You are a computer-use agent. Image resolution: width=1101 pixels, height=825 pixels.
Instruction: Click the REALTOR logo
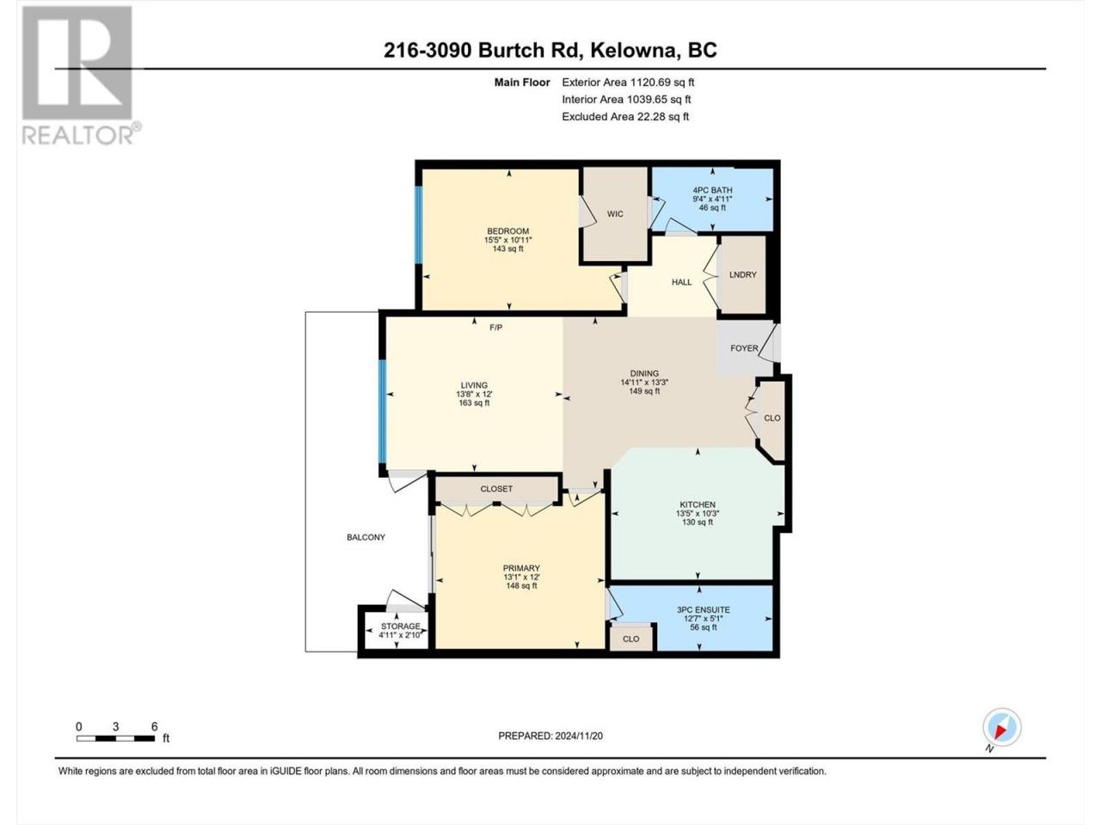pos(80,75)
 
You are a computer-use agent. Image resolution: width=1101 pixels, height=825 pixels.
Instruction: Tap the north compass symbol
pos(1002,727)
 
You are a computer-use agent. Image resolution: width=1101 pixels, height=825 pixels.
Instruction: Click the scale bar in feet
pos(116,738)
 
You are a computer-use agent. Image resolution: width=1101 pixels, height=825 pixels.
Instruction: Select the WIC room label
pos(615,214)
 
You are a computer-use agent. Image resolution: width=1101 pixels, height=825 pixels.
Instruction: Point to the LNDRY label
pos(742,274)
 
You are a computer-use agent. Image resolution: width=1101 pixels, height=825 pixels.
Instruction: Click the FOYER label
pos(744,348)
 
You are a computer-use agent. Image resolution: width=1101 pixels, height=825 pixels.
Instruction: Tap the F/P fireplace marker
pos(495,327)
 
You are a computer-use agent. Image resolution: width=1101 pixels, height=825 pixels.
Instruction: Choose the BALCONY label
pos(366,537)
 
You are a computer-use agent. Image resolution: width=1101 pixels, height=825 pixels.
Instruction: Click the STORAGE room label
pos(400,626)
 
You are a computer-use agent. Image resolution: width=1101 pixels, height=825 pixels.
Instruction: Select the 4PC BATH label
pos(712,190)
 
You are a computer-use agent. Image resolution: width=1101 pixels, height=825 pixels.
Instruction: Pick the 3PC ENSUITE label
pos(704,609)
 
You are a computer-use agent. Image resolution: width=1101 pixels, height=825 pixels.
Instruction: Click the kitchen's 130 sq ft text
pos(698,522)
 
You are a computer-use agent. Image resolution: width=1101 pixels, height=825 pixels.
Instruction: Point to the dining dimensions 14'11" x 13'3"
pos(644,382)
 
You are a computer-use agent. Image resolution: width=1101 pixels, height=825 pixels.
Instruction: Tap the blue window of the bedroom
pos(418,224)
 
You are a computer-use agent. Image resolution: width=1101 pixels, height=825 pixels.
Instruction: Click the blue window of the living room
pos(382,412)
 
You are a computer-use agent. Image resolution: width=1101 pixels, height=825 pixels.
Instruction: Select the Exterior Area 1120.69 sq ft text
pos(628,82)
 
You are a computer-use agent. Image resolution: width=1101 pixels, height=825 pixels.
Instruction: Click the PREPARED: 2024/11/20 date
pos(550,736)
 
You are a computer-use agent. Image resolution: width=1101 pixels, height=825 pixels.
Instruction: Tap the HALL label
pos(681,282)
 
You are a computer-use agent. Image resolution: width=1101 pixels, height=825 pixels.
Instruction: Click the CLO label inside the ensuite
pos(630,639)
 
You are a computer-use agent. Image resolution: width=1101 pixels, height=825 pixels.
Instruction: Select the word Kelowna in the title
pos(632,50)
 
